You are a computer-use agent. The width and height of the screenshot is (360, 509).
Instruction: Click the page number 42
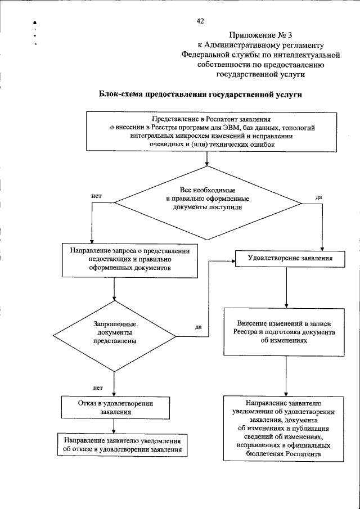200,21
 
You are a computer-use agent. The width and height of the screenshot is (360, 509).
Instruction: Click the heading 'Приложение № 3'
260,35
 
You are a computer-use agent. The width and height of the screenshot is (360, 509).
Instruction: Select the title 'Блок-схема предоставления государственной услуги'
201,94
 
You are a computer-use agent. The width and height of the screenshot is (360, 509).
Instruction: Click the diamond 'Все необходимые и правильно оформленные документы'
208,199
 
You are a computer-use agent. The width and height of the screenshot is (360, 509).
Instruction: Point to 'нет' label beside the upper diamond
95,196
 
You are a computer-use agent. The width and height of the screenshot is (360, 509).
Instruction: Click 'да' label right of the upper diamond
319,197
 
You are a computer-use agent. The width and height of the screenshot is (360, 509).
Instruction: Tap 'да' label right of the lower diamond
199,327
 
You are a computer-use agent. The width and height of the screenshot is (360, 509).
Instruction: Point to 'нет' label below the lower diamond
97,388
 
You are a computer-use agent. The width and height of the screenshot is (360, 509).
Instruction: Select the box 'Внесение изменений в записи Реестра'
286,332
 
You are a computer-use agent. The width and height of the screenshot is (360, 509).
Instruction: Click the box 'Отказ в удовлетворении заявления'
115,407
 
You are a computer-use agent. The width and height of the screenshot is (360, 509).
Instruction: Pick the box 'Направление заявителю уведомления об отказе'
122,444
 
